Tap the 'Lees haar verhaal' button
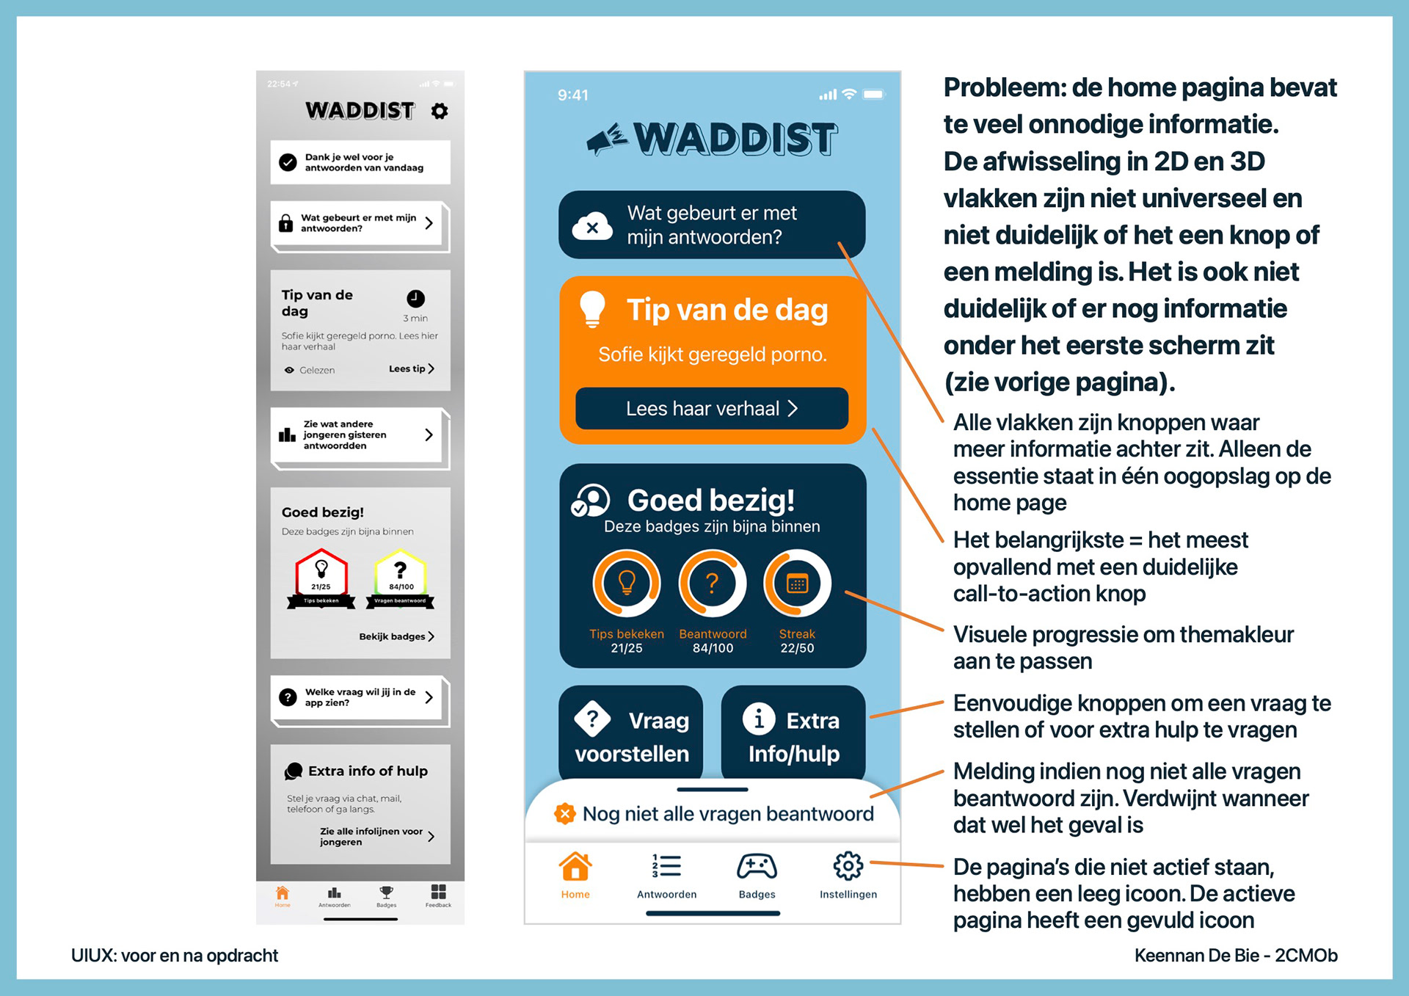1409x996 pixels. [x=711, y=408]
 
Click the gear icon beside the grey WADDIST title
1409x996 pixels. [x=439, y=111]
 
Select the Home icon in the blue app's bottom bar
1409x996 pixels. [x=575, y=868]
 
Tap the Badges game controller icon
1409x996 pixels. [x=757, y=867]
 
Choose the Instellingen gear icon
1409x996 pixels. [x=848, y=867]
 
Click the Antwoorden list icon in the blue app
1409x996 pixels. [x=666, y=867]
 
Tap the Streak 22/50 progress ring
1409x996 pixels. [x=797, y=584]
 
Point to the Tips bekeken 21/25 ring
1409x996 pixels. [x=627, y=584]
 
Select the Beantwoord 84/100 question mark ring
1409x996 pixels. [x=712, y=584]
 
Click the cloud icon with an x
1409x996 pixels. [x=592, y=227]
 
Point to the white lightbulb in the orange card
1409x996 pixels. [x=592, y=308]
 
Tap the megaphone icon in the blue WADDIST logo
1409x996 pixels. [x=607, y=139]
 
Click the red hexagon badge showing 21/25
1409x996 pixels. [x=321, y=576]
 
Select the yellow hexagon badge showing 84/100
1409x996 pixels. [x=400, y=576]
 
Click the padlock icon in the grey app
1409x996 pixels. [x=286, y=223]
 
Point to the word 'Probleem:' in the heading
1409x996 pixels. [x=1004, y=88]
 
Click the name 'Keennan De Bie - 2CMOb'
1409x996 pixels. [x=1236, y=956]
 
